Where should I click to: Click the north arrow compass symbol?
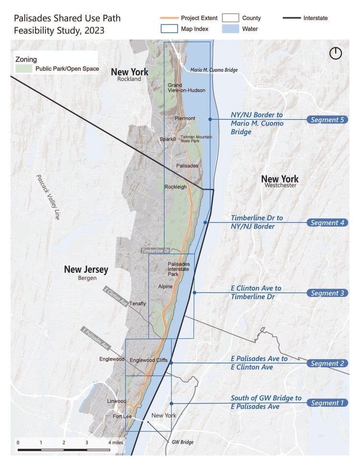[336, 53]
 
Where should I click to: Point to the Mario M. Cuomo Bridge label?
[214, 70]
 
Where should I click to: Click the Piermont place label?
[185, 119]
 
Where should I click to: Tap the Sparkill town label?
[168, 139]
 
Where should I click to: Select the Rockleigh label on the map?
[175, 187]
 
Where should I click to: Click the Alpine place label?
[165, 287]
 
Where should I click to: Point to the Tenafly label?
[137, 303]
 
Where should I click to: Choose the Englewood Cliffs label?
[148, 360]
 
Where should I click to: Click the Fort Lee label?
[122, 416]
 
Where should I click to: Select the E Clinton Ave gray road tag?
[116, 296]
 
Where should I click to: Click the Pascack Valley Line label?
[48, 197]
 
